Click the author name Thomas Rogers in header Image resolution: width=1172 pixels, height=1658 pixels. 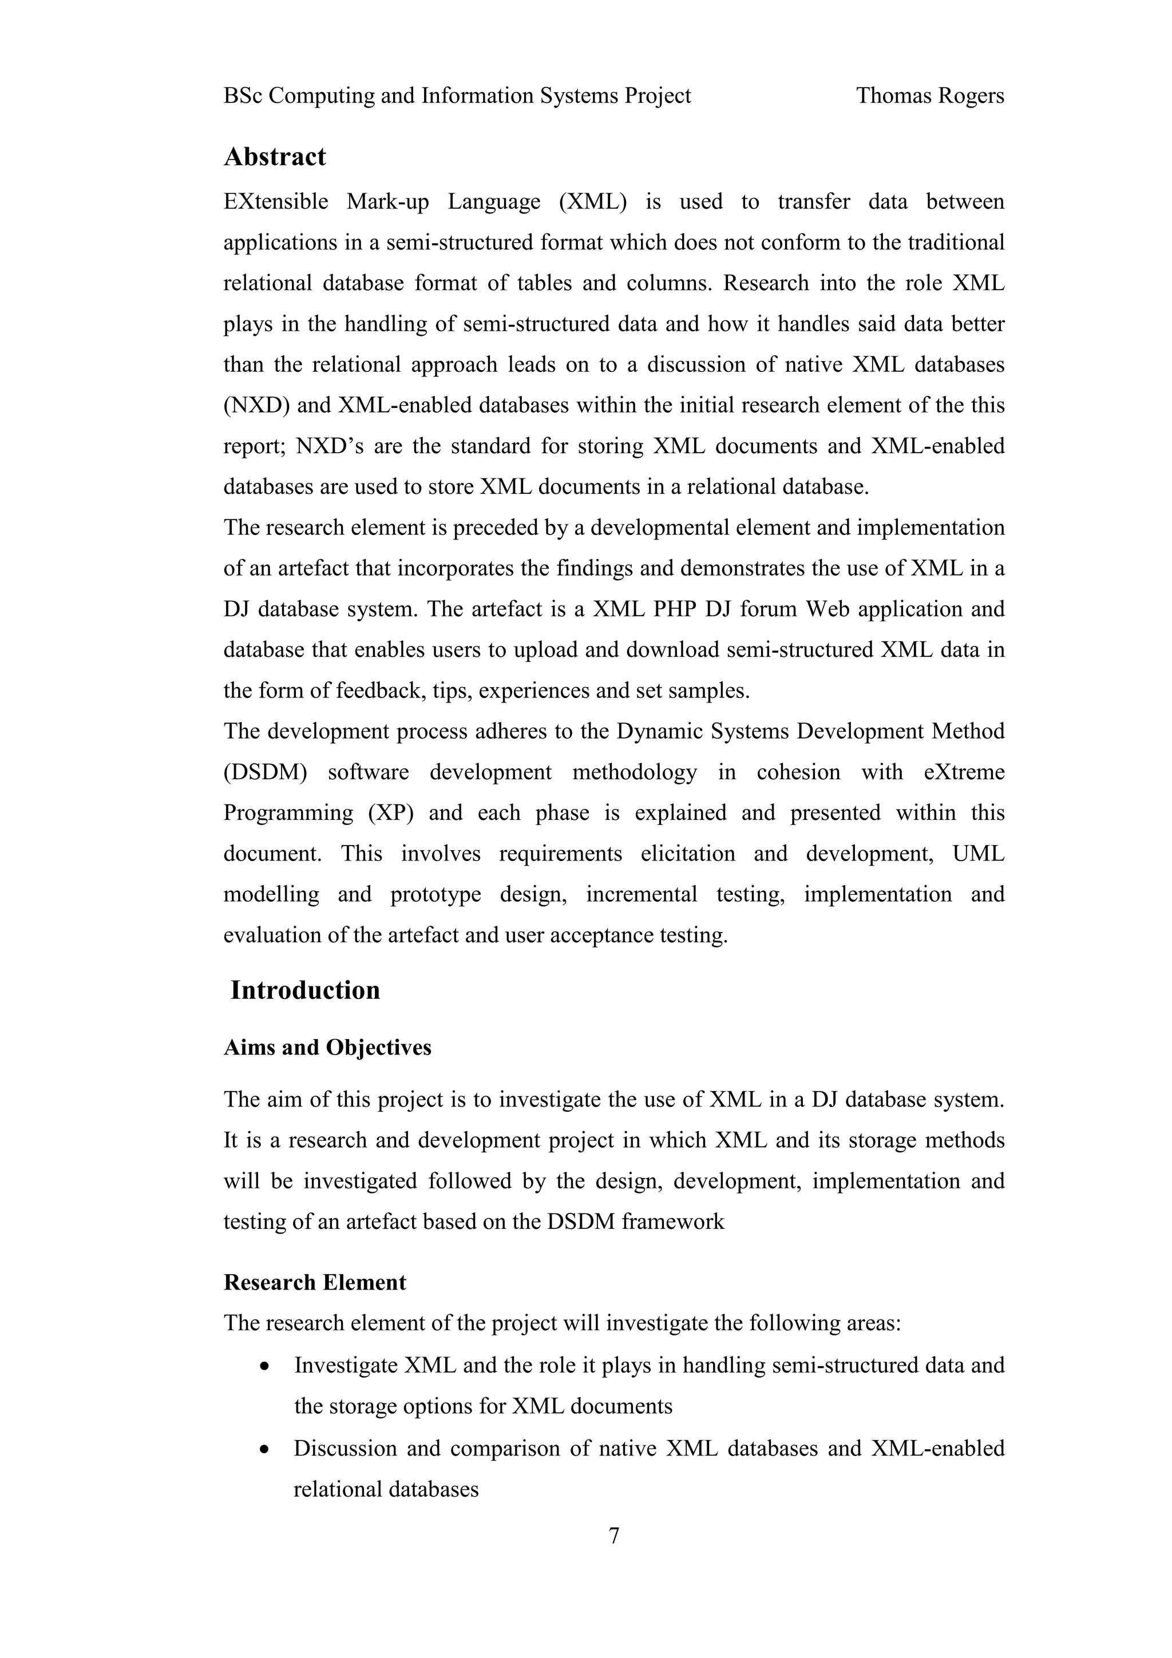[929, 96]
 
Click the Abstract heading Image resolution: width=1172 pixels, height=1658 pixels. [275, 157]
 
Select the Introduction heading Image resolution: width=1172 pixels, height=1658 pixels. [305, 990]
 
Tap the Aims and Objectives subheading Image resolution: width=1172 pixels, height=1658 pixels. [327, 1047]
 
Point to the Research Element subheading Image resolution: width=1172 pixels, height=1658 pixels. [315, 1283]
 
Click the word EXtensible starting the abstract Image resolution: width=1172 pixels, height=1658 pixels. [275, 201]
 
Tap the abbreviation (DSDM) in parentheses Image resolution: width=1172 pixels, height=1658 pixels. [265, 772]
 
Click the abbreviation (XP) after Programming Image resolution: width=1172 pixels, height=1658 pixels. [391, 812]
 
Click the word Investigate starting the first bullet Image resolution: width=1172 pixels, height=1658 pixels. [345, 1366]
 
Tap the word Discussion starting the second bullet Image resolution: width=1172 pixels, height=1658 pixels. [345, 1449]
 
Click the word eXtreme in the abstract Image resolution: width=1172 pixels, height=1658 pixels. [964, 772]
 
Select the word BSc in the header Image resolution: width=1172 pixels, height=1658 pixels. [243, 96]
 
